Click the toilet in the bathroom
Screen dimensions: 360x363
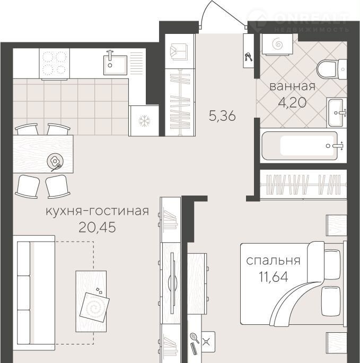click(331, 69)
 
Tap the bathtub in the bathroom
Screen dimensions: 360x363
click(300, 146)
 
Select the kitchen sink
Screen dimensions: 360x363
click(115, 65)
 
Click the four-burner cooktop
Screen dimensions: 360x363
click(55, 64)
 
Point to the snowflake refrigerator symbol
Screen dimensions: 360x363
click(144, 121)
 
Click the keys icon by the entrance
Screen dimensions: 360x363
click(249, 57)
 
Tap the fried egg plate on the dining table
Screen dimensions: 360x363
click(55, 161)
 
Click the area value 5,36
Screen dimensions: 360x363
click(222, 116)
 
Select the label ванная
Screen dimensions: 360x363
click(293, 86)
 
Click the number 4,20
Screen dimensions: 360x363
click(292, 102)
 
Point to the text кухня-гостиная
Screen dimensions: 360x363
click(98, 211)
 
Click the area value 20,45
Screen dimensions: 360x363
click(98, 227)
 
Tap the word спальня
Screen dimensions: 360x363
click(273, 261)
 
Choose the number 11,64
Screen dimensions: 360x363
click(274, 277)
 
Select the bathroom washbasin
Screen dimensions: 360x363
click(337, 112)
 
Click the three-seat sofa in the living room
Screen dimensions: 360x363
click(34, 293)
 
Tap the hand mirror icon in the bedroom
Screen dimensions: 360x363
click(195, 338)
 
